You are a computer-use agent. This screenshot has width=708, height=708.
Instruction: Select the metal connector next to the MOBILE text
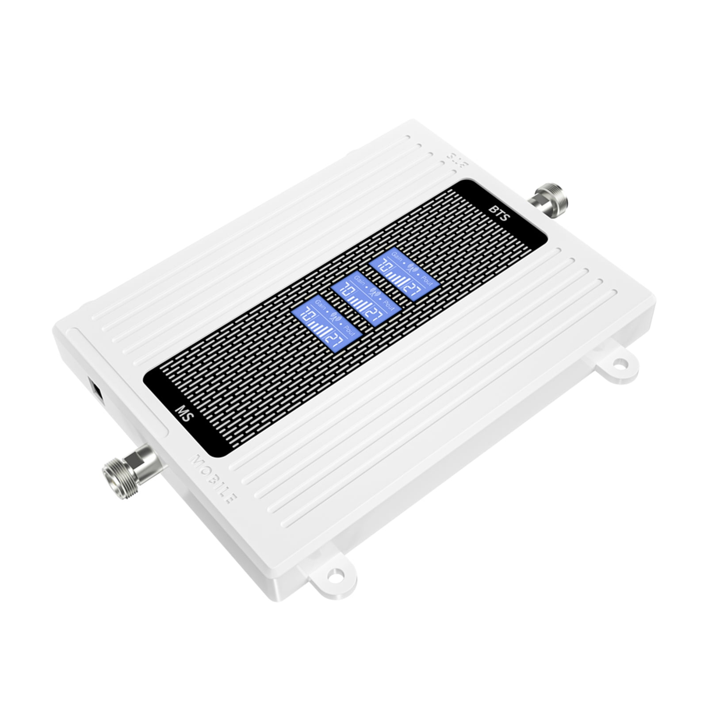pos(128,463)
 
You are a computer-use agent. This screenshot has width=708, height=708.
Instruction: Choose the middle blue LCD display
pos(365,299)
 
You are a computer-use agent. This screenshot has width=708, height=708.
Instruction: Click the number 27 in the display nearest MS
pos(336,340)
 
